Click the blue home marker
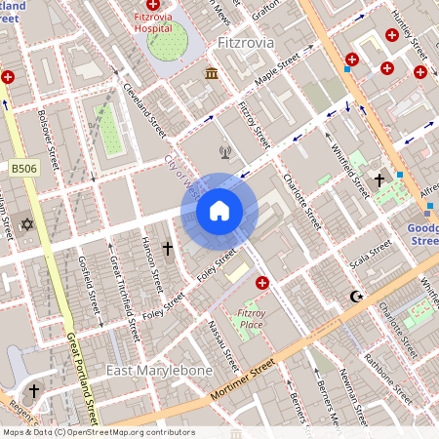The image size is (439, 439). point(219,211)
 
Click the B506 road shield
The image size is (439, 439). point(23,169)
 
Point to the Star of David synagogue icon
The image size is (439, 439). point(27,225)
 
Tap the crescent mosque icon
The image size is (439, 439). point(356,296)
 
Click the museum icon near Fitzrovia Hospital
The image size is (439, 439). point(211,74)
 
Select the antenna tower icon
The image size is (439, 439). point(224,151)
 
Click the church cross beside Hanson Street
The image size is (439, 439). point(167,250)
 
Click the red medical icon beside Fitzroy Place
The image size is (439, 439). point(261,283)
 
